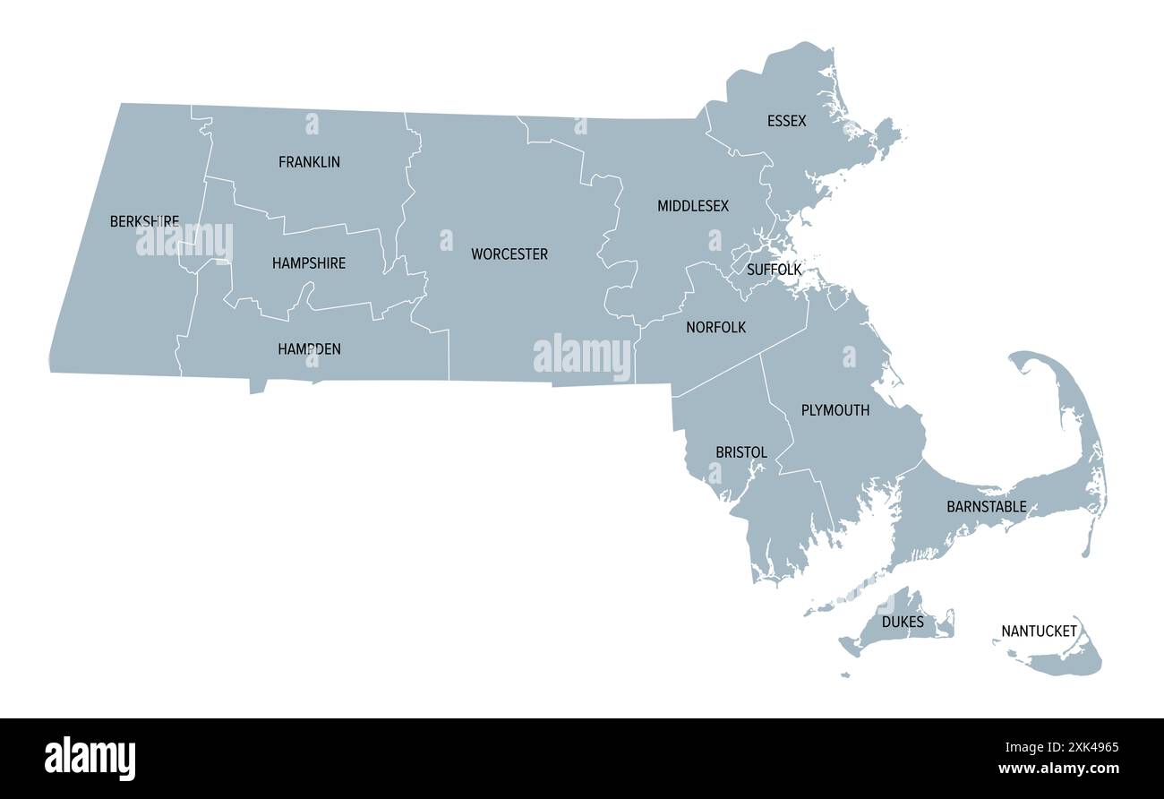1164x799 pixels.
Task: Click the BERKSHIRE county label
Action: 144,221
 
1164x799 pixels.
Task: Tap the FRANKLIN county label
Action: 309,162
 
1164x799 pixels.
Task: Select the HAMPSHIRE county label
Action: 309,263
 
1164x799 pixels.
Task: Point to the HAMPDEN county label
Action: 309,349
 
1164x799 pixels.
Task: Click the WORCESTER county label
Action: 509,254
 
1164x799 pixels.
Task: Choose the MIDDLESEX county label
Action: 693,206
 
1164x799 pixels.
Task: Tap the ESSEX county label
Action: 786,121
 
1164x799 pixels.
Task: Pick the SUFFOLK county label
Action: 774,270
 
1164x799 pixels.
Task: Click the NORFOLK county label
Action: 715,328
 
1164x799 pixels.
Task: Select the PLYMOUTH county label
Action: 834,410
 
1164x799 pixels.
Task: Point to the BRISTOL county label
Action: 741,452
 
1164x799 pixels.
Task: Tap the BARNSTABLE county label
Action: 987,507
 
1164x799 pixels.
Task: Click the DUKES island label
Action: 903,622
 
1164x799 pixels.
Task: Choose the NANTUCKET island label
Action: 1039,631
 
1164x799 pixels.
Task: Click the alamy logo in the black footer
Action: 90,758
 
